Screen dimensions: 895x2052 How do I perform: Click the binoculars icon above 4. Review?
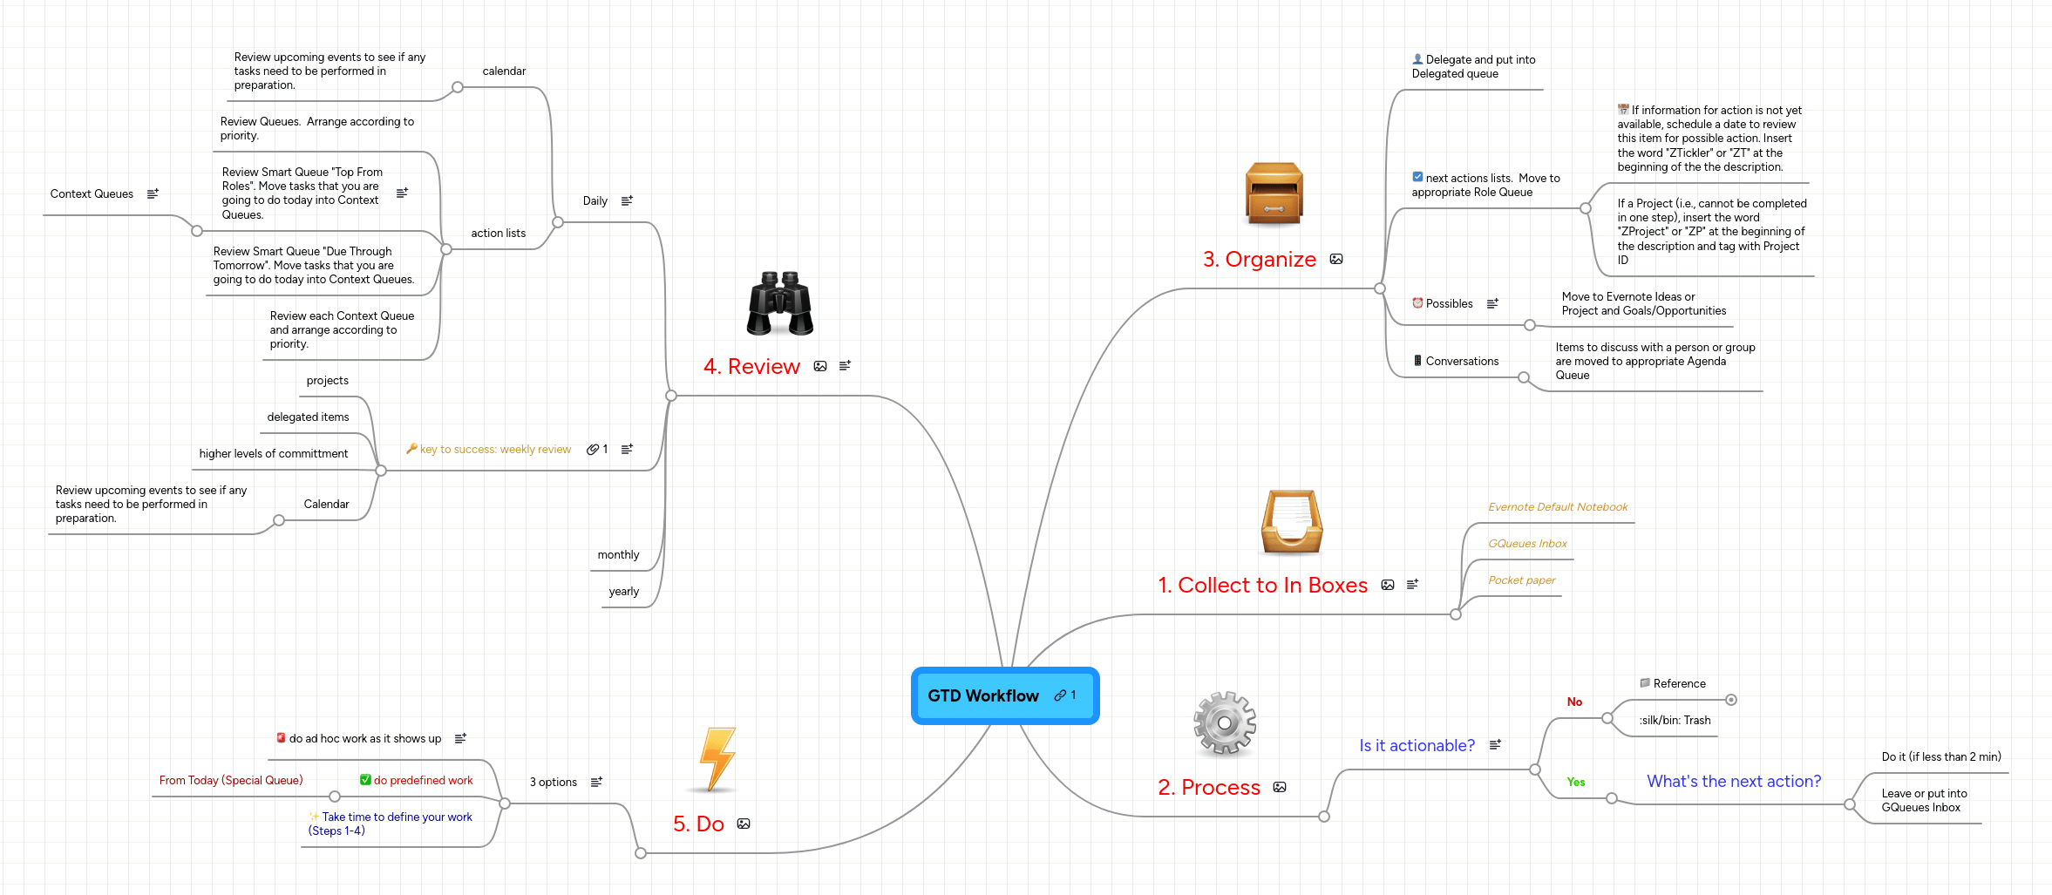tap(779, 303)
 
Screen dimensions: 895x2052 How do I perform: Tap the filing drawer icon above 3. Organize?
tap(1274, 193)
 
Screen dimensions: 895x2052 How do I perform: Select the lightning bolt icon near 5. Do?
tap(717, 758)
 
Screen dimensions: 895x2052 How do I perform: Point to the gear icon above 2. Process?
tap(1224, 722)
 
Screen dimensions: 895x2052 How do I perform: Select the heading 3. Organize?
tap(1259, 259)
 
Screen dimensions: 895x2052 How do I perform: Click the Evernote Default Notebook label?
tap(1557, 507)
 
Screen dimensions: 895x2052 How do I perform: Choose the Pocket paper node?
tap(1521, 580)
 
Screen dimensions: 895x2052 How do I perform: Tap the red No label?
tap(1574, 702)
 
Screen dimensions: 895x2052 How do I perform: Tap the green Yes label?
tap(1575, 782)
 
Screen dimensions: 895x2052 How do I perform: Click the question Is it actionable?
tap(1417, 746)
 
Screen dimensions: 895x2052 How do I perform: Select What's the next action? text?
tap(1733, 782)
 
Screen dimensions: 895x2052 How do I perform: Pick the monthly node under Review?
tap(618, 555)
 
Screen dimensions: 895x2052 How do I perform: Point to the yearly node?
tap(623, 592)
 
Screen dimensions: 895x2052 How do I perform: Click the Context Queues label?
tap(92, 194)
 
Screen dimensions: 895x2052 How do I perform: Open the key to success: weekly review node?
tap(495, 450)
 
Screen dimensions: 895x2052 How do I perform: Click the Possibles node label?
tap(1449, 304)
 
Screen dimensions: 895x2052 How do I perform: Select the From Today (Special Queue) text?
tap(231, 781)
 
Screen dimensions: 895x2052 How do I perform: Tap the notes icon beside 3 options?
tap(596, 782)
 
